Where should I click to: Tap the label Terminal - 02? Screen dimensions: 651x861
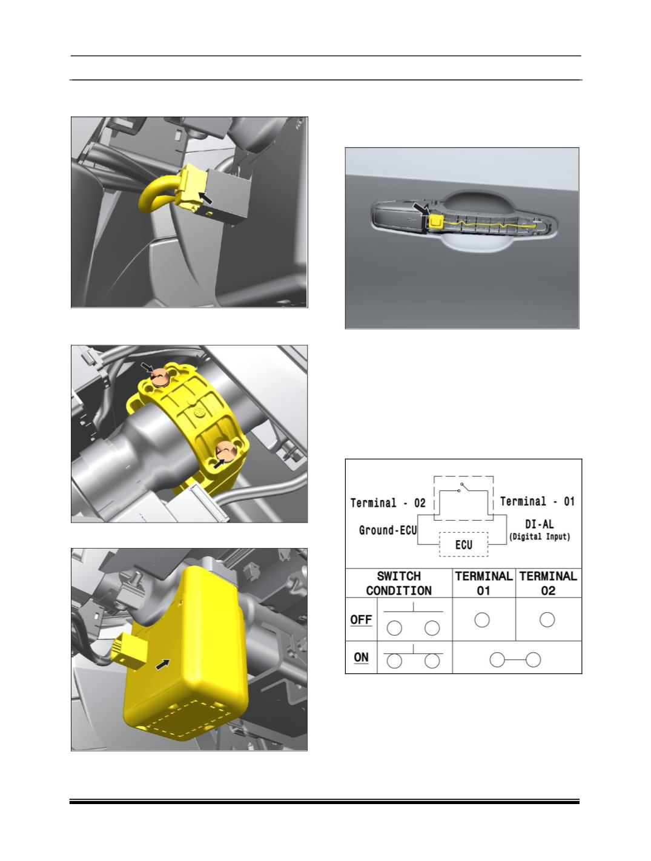pos(388,503)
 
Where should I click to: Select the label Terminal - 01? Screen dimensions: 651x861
pos(537,501)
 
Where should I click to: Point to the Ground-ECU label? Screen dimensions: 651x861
pos(388,530)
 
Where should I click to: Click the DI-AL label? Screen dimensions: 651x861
pos(539,524)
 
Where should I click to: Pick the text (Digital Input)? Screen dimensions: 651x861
pos(540,536)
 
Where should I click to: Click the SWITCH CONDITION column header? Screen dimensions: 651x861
pos(398,583)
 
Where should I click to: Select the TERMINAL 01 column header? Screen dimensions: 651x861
pos(483,583)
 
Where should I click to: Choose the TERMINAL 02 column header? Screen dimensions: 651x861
pos(548,583)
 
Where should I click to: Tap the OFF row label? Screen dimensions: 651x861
pos(361,620)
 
